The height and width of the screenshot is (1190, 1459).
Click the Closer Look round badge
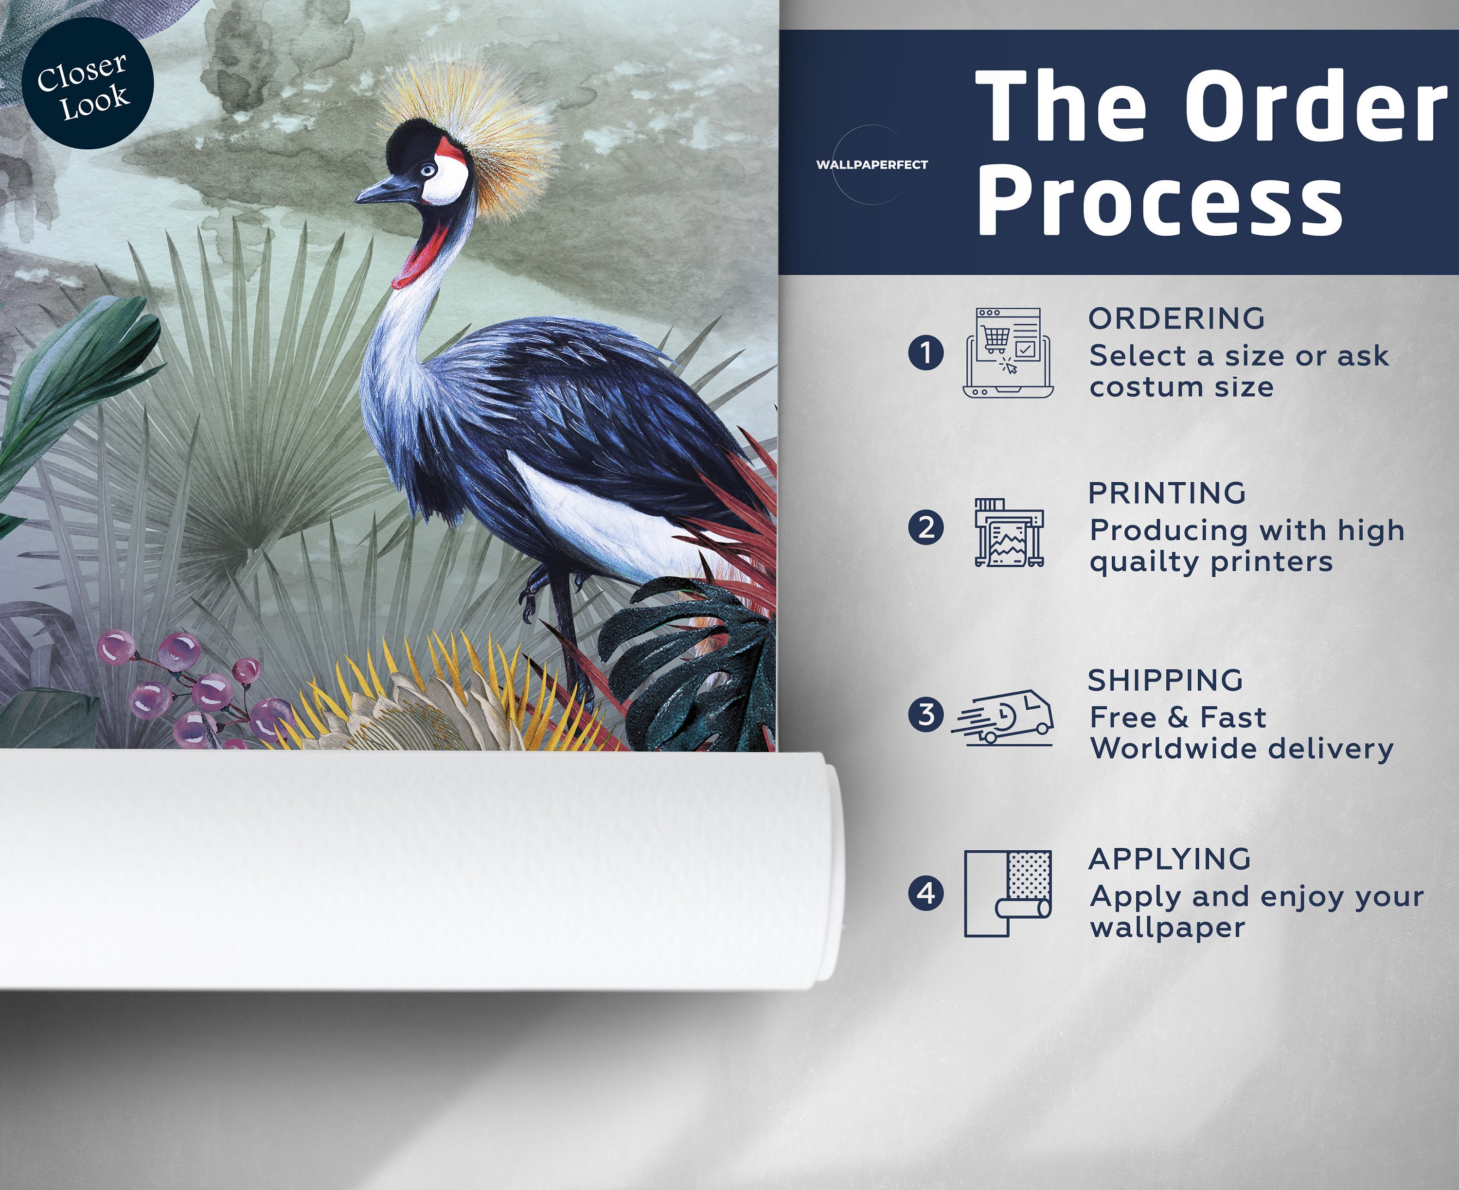pyautogui.click(x=87, y=84)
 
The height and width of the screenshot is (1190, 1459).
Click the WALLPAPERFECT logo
pyautogui.click(x=872, y=164)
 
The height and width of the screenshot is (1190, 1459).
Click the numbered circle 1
pyautogui.click(x=925, y=353)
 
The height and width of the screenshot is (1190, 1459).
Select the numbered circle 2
pyautogui.click(x=925, y=528)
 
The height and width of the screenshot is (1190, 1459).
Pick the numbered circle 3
pyautogui.click(x=925, y=714)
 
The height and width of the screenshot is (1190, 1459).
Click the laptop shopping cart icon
pyautogui.click(x=1008, y=352)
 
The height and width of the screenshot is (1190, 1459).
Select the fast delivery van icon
pyautogui.click(x=1002, y=717)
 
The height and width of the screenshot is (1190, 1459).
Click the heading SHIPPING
pyautogui.click(x=1166, y=680)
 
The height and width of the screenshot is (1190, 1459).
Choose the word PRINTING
pyautogui.click(x=1167, y=493)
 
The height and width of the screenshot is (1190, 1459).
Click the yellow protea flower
pyautogui.click(x=439, y=699)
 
